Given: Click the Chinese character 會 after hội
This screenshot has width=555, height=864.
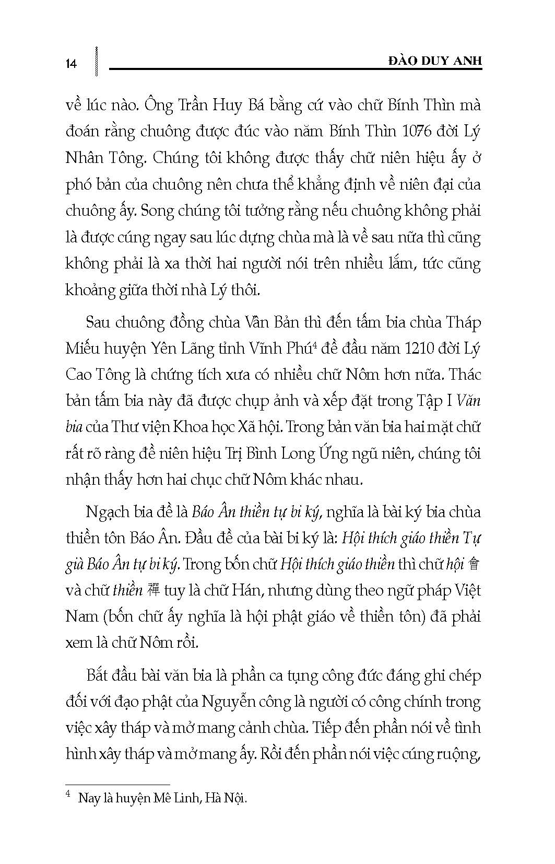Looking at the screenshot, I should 474,564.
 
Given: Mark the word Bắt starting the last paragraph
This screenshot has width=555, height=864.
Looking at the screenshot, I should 101,675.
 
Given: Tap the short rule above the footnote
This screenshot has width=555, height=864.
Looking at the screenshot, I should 117,785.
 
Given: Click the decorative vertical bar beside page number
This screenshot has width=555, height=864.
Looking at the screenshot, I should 97,62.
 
